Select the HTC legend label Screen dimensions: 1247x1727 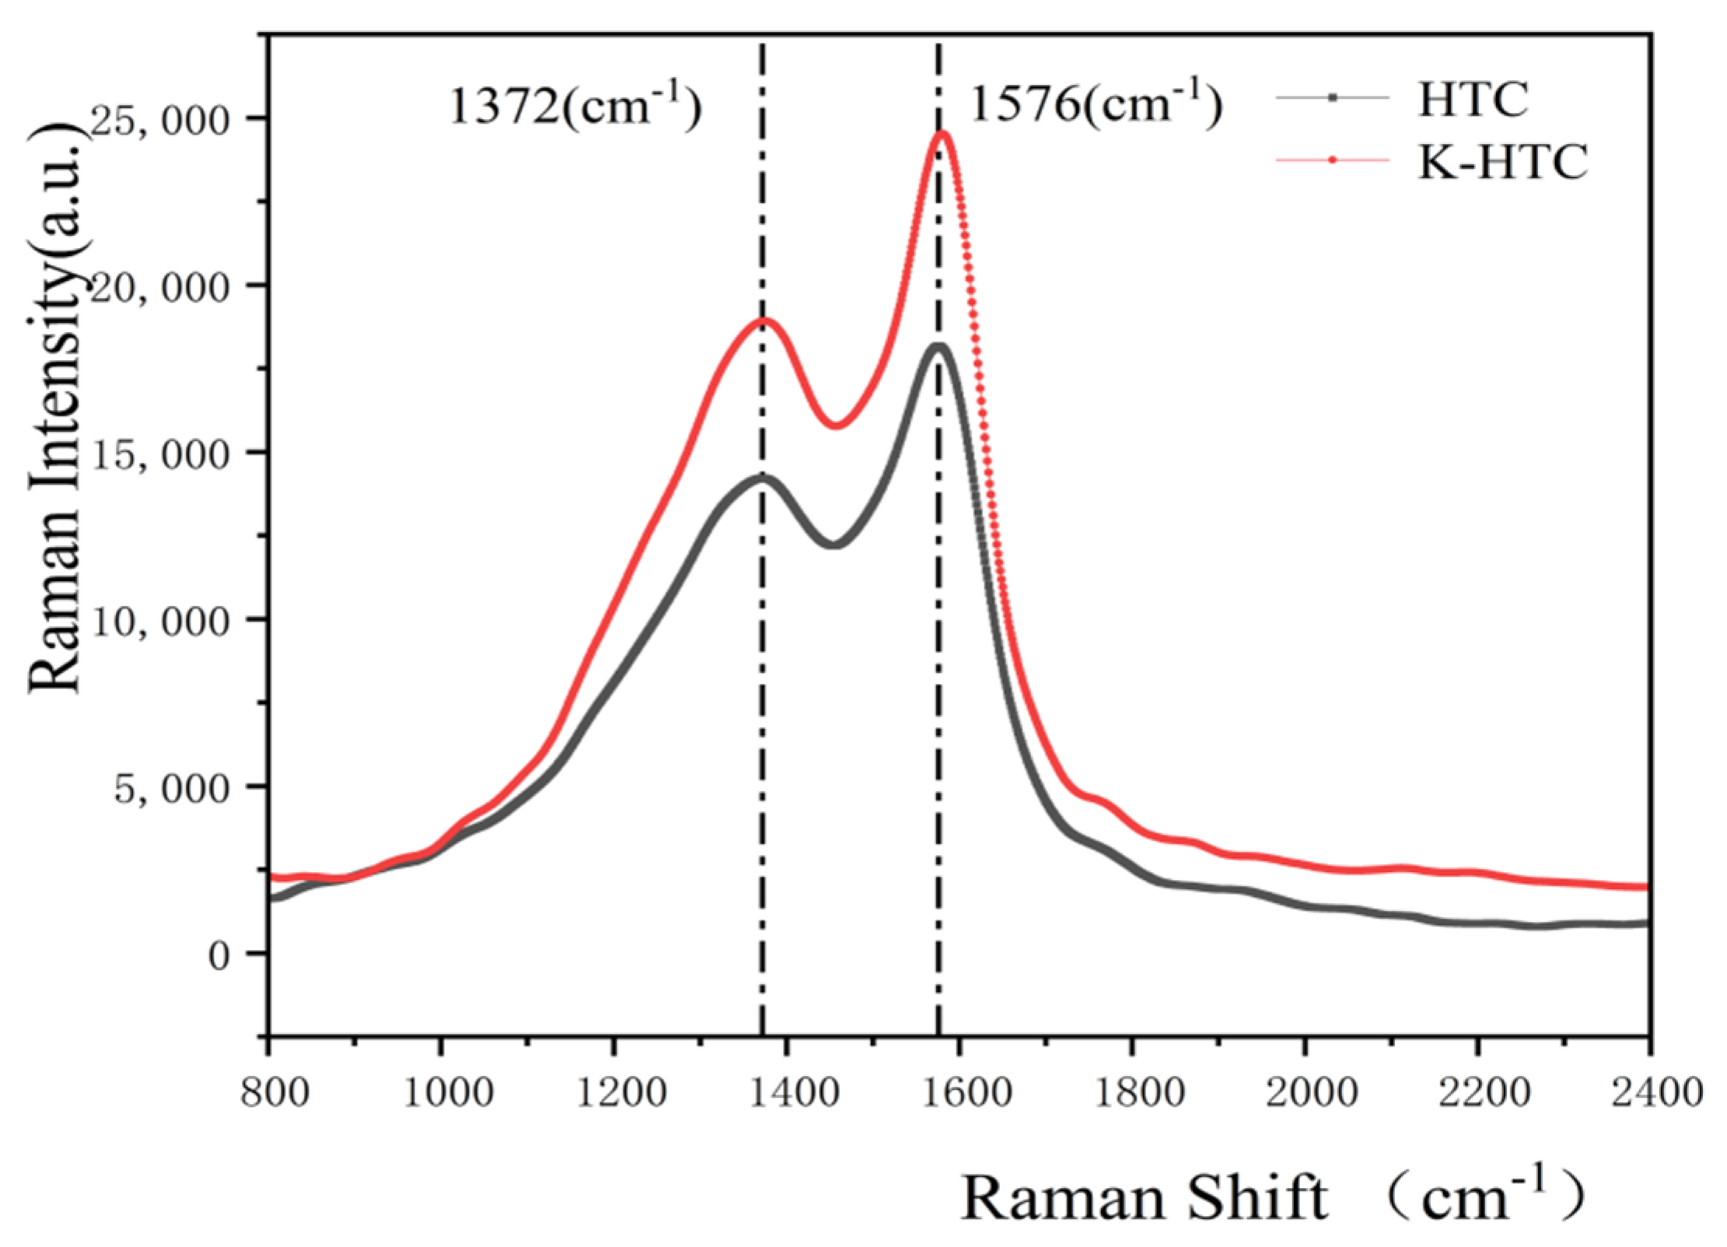[1472, 100]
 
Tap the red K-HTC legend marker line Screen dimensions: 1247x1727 [1332, 160]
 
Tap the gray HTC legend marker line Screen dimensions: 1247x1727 [1332, 98]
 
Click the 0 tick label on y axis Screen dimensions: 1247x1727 [219, 955]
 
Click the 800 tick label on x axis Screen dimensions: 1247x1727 [274, 1093]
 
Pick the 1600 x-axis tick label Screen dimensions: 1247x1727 [961, 1093]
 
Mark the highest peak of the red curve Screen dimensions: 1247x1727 [942, 135]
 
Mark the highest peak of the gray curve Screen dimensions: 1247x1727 [939, 347]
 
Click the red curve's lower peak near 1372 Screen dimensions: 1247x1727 [763, 321]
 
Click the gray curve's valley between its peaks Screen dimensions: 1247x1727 [834, 544]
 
